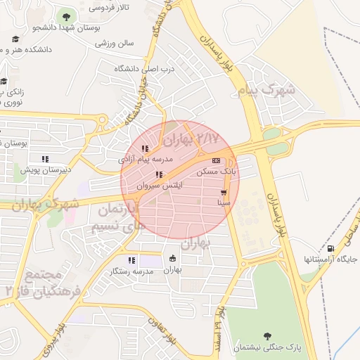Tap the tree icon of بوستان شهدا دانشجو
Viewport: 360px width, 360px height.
66,16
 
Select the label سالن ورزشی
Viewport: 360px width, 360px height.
115,44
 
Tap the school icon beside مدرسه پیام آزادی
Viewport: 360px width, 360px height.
145,149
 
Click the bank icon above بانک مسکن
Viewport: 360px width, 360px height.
216,160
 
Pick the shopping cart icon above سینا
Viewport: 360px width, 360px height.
224,192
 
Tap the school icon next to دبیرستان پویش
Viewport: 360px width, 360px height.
46,159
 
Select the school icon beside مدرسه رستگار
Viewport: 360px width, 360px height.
131,260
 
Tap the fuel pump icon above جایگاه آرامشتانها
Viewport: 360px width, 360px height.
330,248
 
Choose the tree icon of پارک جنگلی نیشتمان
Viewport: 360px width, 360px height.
266,336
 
